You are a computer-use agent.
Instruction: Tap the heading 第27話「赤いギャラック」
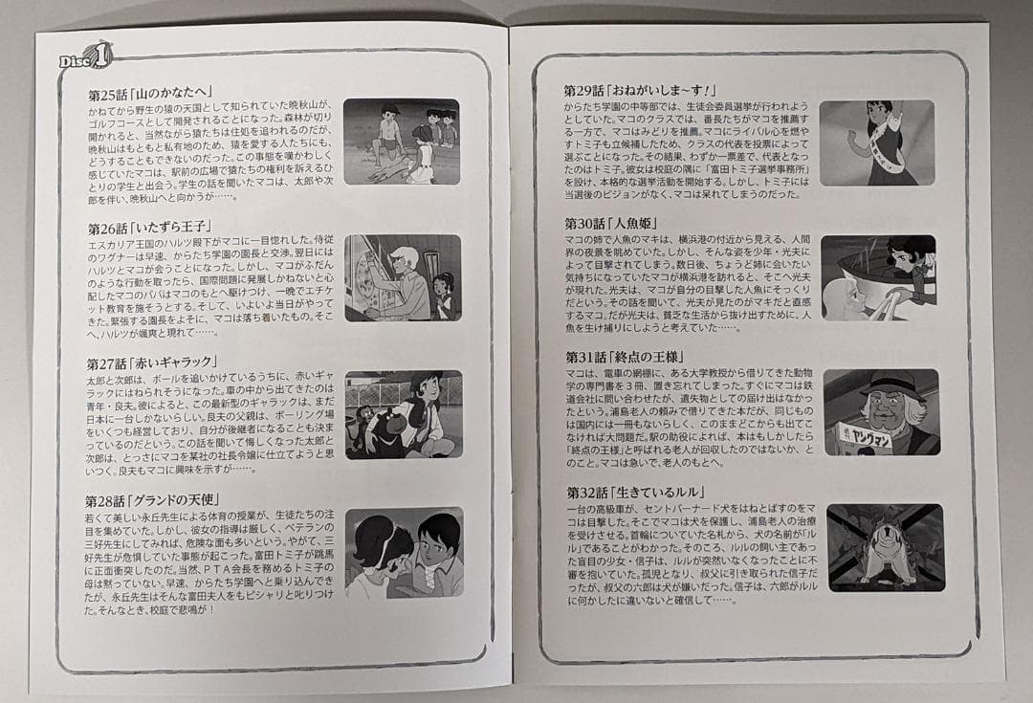(x=151, y=362)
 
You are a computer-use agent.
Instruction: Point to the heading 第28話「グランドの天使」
(x=156, y=500)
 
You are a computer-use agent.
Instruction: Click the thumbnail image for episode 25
(x=401, y=141)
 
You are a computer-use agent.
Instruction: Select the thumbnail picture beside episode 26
(x=402, y=277)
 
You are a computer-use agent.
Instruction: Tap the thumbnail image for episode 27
(x=403, y=414)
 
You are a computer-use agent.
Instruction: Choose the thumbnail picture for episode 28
(x=404, y=552)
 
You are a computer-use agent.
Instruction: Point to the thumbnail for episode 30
(x=878, y=277)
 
